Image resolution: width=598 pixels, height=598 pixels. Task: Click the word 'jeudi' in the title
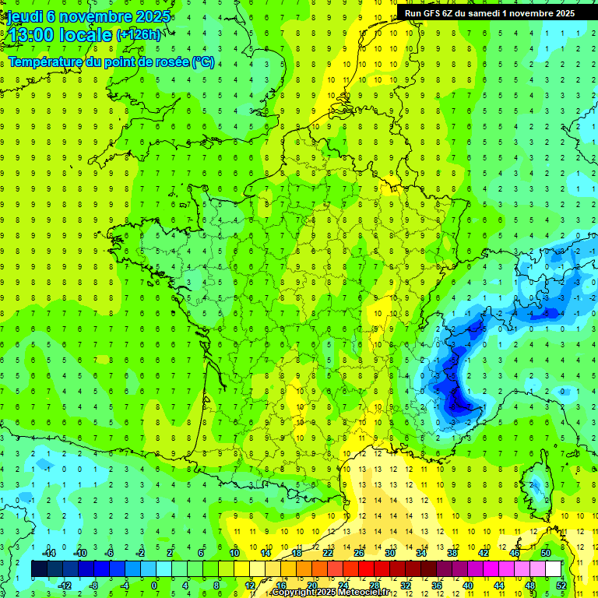click(x=22, y=16)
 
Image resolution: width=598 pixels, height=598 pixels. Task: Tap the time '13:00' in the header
click(x=30, y=35)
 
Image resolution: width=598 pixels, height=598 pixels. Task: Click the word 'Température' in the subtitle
click(x=47, y=62)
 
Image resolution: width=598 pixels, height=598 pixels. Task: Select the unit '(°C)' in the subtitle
click(x=203, y=62)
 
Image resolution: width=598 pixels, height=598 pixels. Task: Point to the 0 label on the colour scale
click(x=155, y=585)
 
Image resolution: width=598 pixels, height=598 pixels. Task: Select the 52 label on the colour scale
click(x=561, y=585)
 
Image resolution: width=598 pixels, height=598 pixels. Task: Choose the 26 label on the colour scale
click(x=359, y=553)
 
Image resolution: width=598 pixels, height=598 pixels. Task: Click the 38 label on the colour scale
click(x=452, y=553)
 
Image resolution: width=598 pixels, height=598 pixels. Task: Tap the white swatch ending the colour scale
click(x=553, y=568)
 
